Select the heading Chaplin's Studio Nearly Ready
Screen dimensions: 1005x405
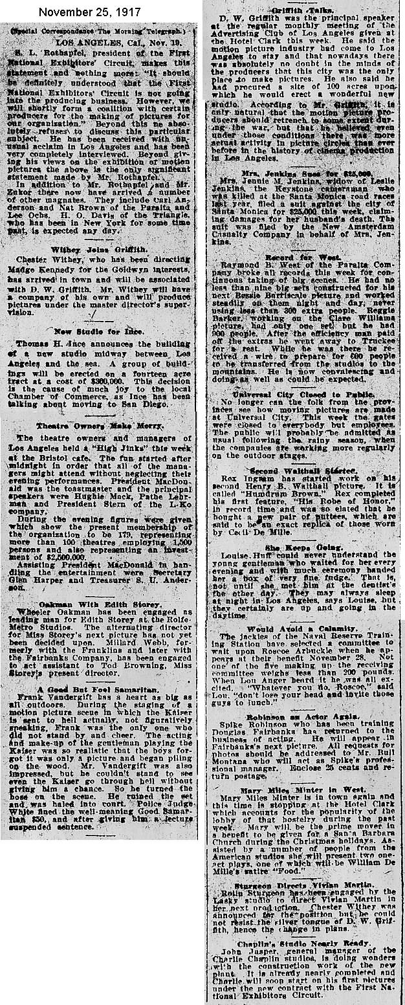(303, 944)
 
